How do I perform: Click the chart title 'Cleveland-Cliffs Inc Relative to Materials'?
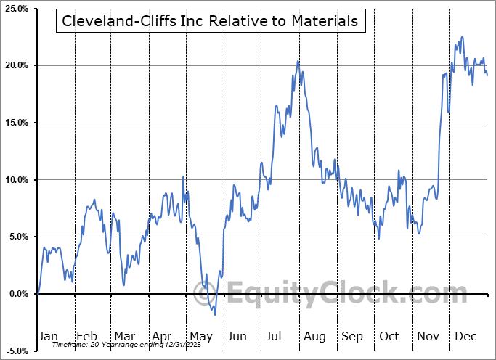point(210,22)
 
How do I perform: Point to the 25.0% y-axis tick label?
point(15,9)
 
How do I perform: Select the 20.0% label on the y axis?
point(15,65)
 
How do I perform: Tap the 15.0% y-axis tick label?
point(15,123)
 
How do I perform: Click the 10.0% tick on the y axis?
point(15,180)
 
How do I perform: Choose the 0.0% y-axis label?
point(17,294)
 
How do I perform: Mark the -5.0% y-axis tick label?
point(15,351)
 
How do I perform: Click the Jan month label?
point(48,336)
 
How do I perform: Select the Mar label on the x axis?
point(124,336)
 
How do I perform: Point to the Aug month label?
point(315,336)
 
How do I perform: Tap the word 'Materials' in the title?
point(324,22)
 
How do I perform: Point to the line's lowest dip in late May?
point(215,314)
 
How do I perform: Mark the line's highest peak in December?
point(463,37)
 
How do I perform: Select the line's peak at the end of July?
point(298,61)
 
